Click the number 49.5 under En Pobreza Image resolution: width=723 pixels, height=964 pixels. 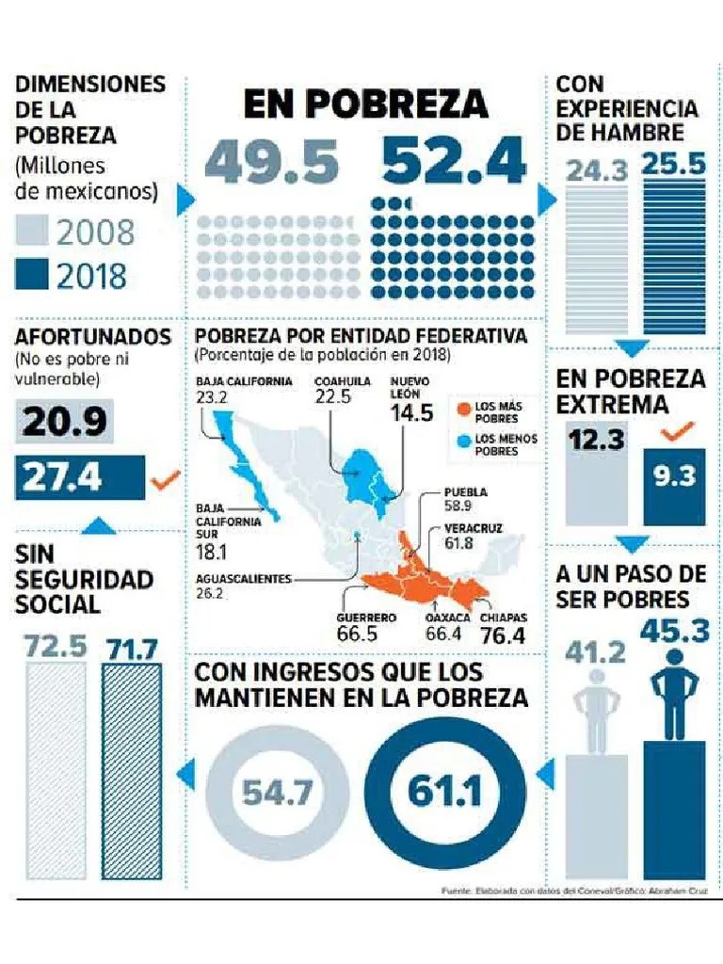point(271,163)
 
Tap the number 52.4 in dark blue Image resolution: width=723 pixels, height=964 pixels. point(454,163)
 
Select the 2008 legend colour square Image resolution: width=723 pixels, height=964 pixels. point(30,232)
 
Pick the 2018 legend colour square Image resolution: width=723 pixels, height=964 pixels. point(30,276)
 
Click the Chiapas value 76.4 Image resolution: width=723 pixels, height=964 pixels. point(504,635)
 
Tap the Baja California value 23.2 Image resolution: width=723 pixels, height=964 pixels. point(213,397)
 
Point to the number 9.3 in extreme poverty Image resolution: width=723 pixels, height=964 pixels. point(673,476)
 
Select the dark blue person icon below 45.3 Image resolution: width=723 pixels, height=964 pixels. point(674,692)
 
